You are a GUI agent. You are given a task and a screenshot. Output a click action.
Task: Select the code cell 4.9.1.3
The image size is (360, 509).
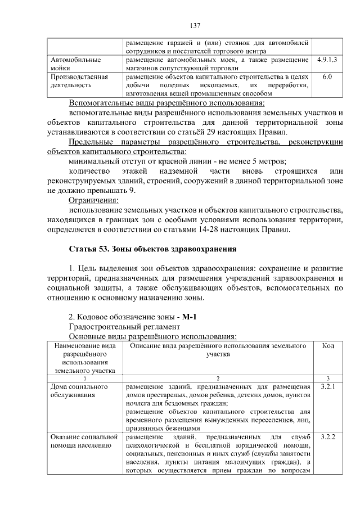tap(327, 59)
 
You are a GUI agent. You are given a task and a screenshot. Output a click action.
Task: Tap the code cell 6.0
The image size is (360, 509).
tap(327, 76)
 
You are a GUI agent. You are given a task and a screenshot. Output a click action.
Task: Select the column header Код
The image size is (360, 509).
tap(328, 345)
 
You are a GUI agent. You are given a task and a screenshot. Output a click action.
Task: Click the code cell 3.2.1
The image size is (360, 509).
tap(327, 387)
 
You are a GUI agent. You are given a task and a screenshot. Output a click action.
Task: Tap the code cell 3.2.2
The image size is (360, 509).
tap(327, 436)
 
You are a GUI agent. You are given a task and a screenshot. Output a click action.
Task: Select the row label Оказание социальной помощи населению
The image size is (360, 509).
tap(84, 441)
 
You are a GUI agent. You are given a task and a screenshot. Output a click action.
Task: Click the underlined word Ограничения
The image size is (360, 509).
tap(93, 200)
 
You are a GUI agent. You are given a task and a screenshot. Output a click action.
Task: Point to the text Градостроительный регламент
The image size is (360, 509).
tap(124, 326)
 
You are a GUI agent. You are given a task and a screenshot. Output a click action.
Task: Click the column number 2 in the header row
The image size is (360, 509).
tap(217, 378)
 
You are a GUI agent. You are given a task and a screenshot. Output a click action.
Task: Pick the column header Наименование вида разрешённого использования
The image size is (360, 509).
tap(85, 358)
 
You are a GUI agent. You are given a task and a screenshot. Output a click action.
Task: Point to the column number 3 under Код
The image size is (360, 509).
tap(328, 378)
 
